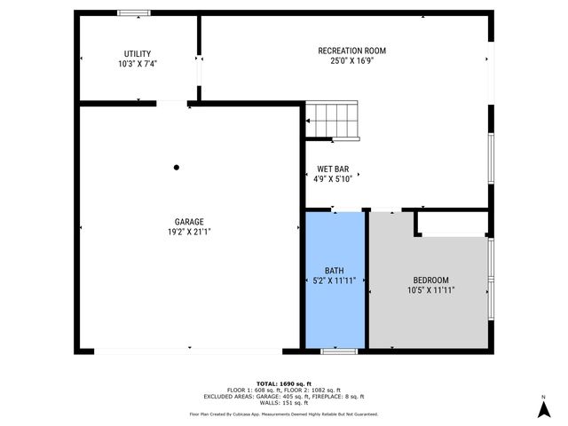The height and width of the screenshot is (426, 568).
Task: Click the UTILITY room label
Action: pos(137,54)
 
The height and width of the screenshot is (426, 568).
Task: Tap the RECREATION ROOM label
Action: pos(351,51)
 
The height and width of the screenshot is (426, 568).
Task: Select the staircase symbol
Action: pos(334,121)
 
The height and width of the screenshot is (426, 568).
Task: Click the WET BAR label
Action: pos(334,168)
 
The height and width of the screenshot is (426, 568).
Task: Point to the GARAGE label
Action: pos(189,222)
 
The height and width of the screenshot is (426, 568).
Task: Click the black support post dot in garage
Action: pos(177,167)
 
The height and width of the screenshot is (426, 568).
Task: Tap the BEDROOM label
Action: pos(430,280)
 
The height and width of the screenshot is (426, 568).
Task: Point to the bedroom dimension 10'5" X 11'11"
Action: pos(430,290)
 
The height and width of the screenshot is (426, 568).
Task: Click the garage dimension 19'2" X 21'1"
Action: pos(189,233)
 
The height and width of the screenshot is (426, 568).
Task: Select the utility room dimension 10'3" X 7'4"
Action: pos(137,65)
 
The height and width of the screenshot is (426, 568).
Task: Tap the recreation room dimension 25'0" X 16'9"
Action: pos(351,61)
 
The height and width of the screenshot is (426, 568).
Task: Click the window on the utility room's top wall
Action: pos(134,12)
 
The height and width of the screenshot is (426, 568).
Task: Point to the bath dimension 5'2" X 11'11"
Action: pos(334,280)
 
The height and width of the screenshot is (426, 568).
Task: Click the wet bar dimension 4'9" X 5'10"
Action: pos(334,178)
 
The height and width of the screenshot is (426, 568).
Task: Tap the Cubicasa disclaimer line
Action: pos(283,414)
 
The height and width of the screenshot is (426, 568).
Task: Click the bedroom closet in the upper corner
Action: pos(453,224)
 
